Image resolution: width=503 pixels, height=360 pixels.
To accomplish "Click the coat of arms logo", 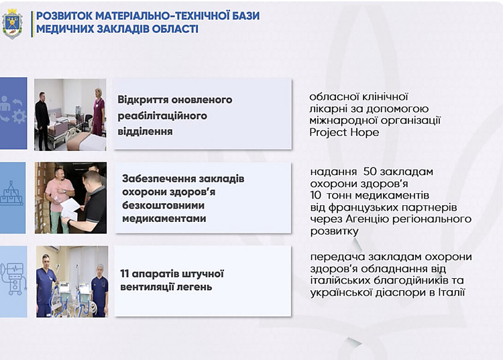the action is pos(13,23).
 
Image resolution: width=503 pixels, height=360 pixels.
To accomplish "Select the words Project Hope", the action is pos(344,132).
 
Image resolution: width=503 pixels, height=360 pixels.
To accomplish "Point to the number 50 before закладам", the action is pos(370,172).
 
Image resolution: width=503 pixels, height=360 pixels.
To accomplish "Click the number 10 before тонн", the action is pos(317,195).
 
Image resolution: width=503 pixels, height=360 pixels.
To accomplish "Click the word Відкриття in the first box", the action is pos(141,100).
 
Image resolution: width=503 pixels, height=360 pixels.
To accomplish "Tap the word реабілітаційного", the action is pos(162,116).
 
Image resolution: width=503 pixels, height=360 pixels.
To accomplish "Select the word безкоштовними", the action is pos(163,205).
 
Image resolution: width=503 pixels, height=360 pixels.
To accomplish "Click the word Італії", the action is pos(452,292).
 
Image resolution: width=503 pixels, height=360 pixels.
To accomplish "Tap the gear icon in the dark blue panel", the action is pos(19,117).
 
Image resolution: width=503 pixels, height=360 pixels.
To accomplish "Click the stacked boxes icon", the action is pos(12,193).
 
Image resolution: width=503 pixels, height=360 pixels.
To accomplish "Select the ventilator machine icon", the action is pos(13,279).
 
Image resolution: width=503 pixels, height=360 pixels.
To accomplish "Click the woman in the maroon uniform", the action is pos(99,112).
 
